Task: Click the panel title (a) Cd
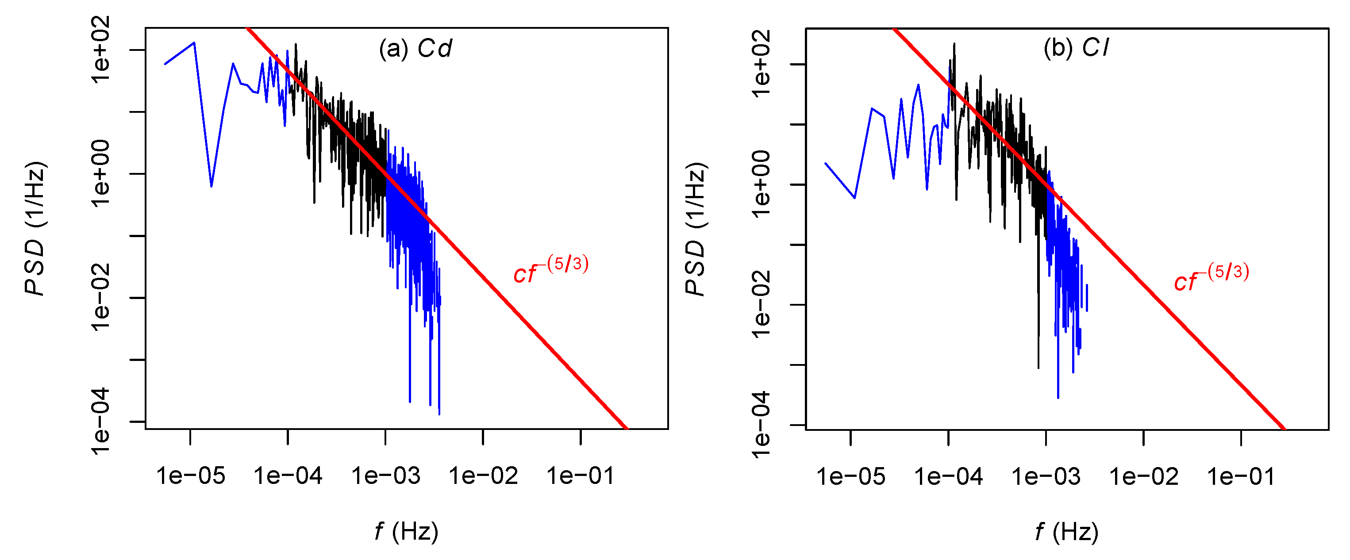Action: pyautogui.click(x=415, y=49)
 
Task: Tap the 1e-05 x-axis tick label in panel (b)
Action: pyautogui.click(x=850, y=477)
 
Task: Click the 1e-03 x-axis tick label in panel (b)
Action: pyautogui.click(x=1046, y=477)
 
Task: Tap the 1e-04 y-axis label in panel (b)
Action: pyautogui.click(x=761, y=425)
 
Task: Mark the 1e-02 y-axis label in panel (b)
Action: pyautogui.click(x=761, y=304)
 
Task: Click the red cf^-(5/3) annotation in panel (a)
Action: pyautogui.click(x=550, y=270)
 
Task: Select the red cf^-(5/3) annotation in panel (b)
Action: pyautogui.click(x=1211, y=278)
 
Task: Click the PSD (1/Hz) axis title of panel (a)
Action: pyautogui.click(x=36, y=229)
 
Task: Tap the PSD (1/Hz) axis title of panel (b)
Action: pyautogui.click(x=696, y=229)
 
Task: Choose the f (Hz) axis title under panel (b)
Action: pyautogui.click(x=1066, y=532)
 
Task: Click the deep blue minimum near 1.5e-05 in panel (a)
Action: pyautogui.click(x=211, y=185)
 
